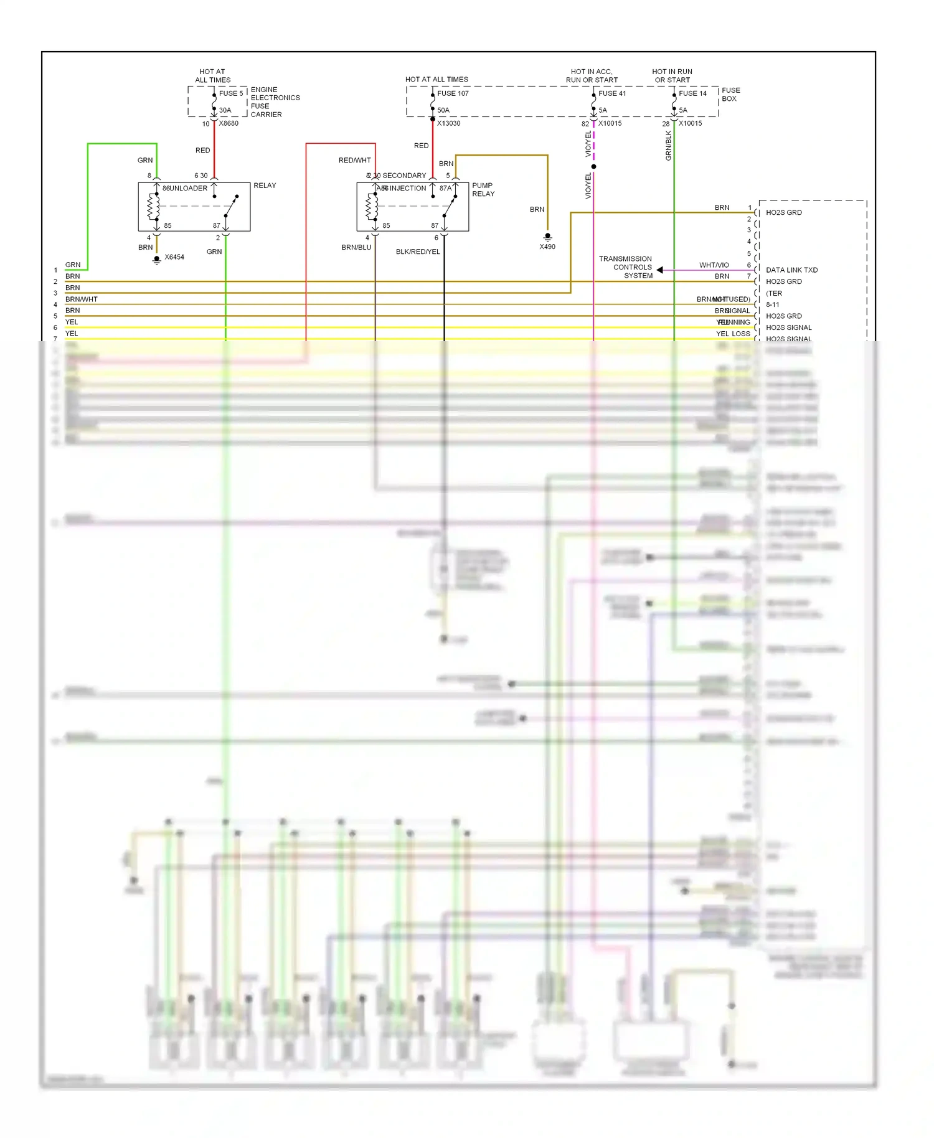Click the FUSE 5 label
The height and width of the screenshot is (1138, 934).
(x=231, y=93)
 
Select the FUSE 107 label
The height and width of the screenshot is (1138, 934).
(x=453, y=93)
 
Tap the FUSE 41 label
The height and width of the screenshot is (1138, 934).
(x=612, y=93)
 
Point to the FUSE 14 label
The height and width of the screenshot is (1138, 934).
(x=692, y=93)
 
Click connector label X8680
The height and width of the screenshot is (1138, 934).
(x=229, y=123)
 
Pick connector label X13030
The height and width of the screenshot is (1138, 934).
(x=448, y=123)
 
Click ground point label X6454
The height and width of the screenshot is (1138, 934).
(x=174, y=257)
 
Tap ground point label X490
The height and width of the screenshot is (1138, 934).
(x=547, y=247)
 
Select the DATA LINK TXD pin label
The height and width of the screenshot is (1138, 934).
(x=791, y=270)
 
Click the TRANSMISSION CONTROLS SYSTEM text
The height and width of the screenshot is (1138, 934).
(x=626, y=267)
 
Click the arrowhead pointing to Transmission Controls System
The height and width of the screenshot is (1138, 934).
(x=659, y=270)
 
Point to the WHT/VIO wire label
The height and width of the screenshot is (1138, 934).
(x=714, y=265)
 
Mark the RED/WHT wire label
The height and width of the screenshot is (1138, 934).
(x=354, y=161)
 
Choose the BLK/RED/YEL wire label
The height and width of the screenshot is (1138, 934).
(x=418, y=252)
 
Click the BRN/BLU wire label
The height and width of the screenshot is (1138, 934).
(x=356, y=248)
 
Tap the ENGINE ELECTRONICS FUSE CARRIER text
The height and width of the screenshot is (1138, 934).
(x=275, y=102)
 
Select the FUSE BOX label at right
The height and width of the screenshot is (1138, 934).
(x=730, y=95)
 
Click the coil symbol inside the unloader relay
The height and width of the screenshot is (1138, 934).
(x=152, y=207)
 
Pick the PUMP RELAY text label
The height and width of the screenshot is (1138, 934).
(x=483, y=190)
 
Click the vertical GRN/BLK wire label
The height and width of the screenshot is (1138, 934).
(x=669, y=146)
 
